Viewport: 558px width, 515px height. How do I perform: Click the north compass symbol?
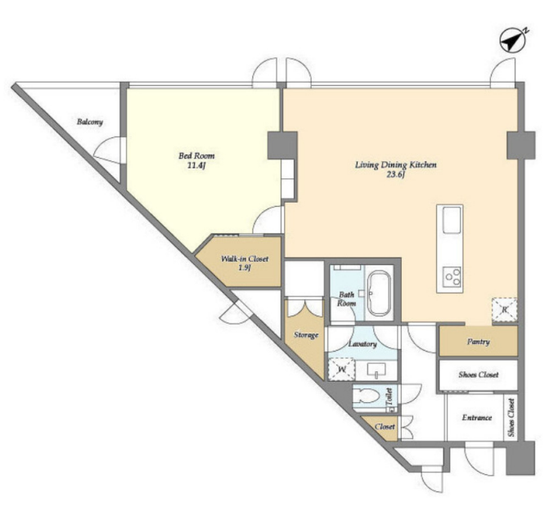click(513, 41)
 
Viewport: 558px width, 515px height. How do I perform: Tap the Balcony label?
click(90, 122)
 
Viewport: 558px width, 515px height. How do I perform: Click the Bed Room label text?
click(196, 155)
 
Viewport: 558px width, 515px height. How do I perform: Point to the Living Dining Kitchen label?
click(396, 164)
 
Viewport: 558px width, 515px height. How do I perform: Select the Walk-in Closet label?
click(245, 258)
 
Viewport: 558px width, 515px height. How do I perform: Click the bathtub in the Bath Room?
click(379, 293)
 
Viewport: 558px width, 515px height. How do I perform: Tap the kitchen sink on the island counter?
click(452, 220)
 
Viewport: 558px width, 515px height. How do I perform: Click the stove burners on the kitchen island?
click(452, 276)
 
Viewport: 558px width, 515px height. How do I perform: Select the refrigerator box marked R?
click(504, 310)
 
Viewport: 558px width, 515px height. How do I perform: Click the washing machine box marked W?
click(342, 369)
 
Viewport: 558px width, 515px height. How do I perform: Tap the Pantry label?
click(479, 342)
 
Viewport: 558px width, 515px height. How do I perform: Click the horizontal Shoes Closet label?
click(479, 374)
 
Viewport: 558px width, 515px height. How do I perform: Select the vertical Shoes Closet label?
click(511, 418)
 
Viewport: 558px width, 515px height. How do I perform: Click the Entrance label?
click(477, 418)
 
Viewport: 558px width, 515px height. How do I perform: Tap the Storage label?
click(306, 334)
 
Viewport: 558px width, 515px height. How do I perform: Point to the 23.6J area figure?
click(396, 174)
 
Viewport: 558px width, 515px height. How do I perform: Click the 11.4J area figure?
click(196, 165)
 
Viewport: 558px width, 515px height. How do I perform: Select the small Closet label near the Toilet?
click(385, 426)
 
